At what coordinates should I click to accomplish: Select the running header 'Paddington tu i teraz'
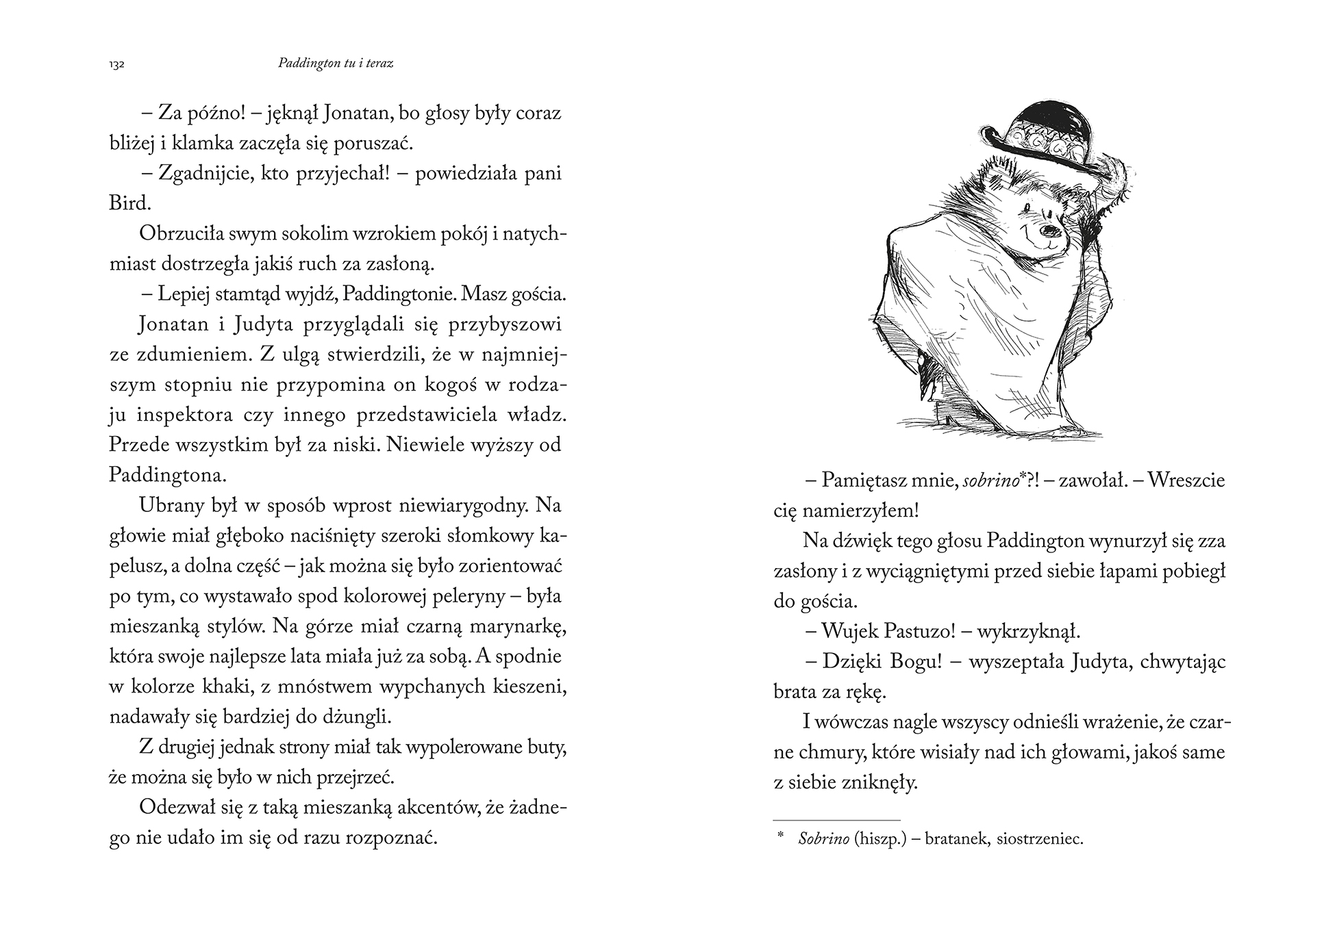pos(336,63)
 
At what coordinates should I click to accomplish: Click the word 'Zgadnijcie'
pos(200,173)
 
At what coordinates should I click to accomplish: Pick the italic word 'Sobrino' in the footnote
pos(824,839)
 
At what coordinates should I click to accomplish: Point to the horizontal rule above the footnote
pos(836,820)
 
